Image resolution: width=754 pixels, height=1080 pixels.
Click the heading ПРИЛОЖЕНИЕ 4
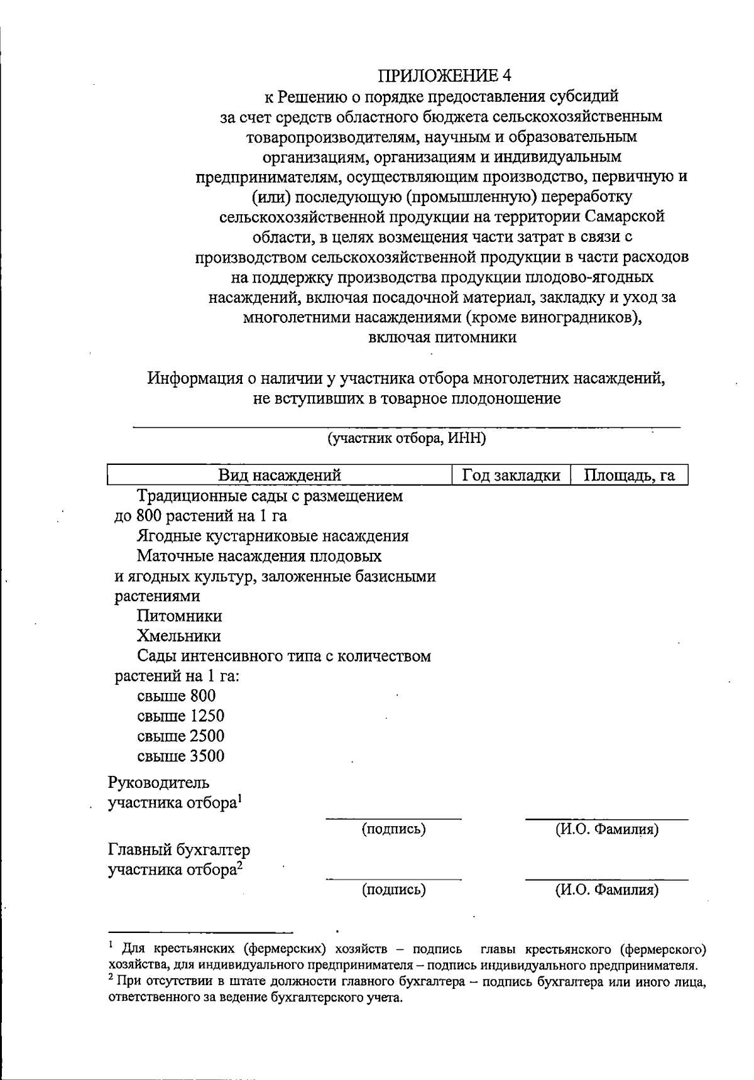tap(445, 76)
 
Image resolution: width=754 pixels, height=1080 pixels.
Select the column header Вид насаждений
tap(280, 476)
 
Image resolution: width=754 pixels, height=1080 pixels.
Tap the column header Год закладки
tap(511, 476)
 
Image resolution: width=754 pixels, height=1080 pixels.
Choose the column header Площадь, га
tap(629, 476)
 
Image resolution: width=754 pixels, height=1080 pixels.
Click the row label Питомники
tap(179, 616)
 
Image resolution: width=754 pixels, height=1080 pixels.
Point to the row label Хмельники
tap(178, 636)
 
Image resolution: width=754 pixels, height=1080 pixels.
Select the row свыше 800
tap(176, 696)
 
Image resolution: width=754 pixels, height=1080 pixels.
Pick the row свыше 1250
tap(180, 716)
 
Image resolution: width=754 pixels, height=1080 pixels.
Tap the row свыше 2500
tap(180, 736)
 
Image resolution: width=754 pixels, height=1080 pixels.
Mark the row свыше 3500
tap(180, 756)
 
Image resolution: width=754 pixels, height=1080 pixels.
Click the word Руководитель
tap(159, 783)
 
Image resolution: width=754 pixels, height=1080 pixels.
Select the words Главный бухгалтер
tap(179, 851)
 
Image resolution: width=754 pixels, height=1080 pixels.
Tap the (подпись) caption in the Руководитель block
tap(394, 829)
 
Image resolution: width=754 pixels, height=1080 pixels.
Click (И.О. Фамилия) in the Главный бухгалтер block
tap(607, 890)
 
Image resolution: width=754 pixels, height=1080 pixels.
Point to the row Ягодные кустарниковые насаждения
tap(272, 536)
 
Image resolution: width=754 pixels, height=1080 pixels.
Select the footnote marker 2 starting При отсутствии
tap(111, 978)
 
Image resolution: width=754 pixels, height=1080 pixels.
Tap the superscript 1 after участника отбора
tap(240, 799)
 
